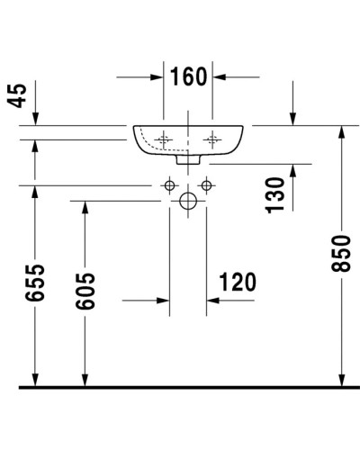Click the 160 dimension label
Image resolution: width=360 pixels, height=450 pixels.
click(x=188, y=76)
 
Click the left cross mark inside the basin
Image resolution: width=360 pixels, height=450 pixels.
click(x=164, y=139)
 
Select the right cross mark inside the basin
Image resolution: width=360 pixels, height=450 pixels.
click(x=213, y=139)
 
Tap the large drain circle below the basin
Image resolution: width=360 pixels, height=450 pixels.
click(x=188, y=202)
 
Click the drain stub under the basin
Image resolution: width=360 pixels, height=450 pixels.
click(x=188, y=160)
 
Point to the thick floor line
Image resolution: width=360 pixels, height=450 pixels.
click(x=180, y=387)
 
